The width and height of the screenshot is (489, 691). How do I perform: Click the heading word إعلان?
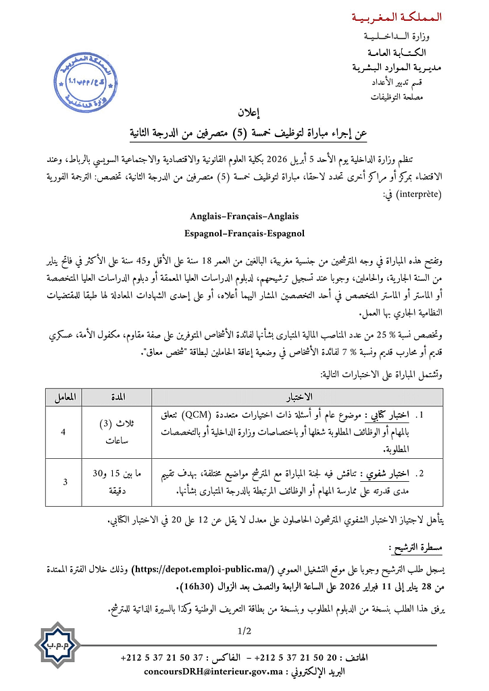click(x=244, y=113)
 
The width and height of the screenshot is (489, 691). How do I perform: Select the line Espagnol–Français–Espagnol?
click(x=244, y=233)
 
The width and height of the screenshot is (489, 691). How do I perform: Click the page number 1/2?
click(x=244, y=632)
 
